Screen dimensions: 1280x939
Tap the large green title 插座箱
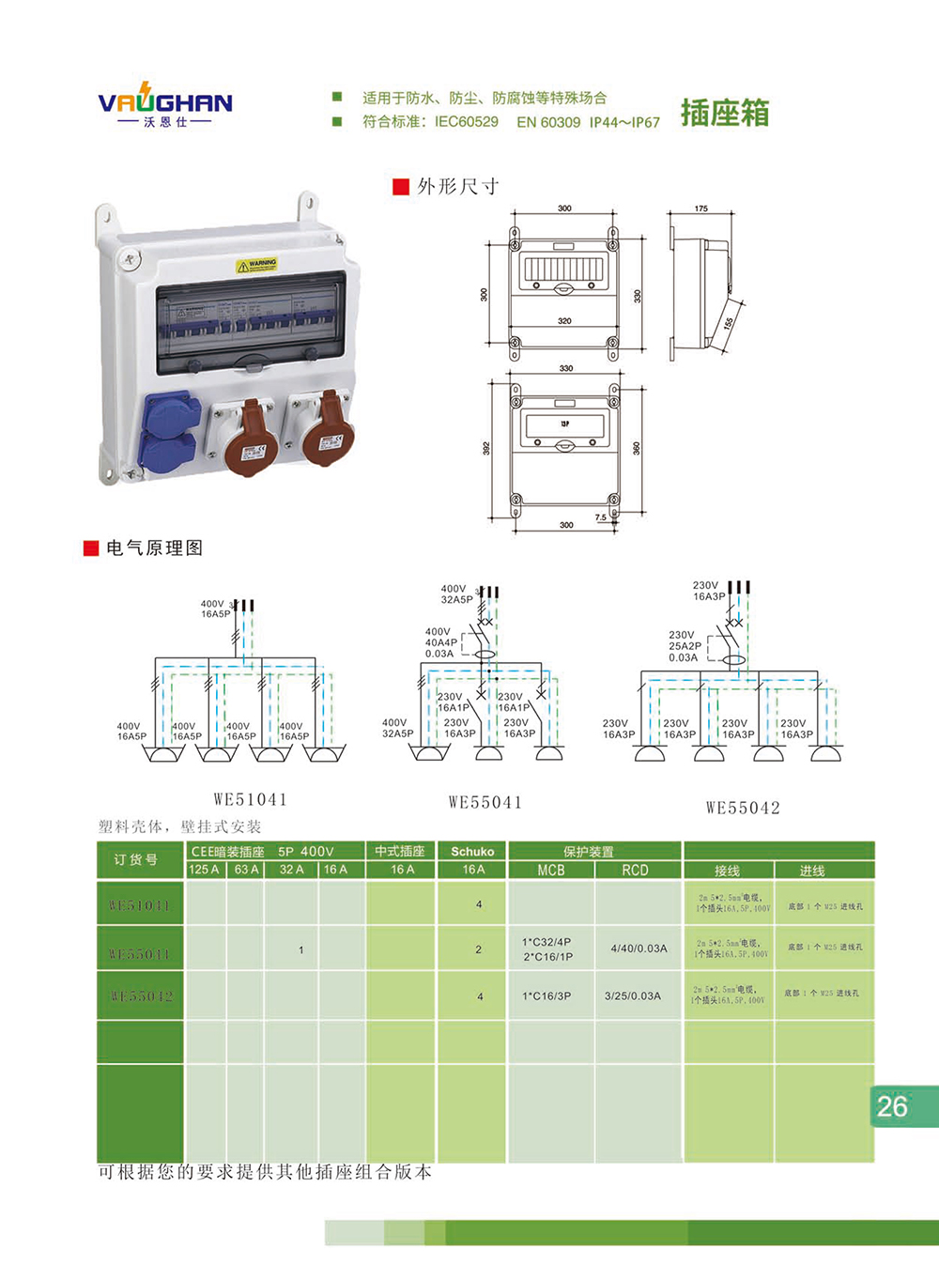tap(724, 113)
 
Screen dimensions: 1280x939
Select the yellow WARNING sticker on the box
tap(256, 265)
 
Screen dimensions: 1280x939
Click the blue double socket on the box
tap(170, 431)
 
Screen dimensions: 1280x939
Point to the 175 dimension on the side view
tap(701, 208)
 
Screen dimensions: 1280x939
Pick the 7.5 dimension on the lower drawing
tap(601, 517)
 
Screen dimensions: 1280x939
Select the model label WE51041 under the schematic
tap(250, 800)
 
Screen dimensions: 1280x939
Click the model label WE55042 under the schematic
tap(743, 808)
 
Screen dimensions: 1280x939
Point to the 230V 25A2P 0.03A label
tap(685, 646)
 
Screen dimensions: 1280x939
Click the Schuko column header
tap(472, 852)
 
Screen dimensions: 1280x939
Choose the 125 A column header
tap(204, 870)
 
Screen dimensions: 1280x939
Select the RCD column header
tap(635, 871)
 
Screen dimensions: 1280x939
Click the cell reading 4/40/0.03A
tap(639, 948)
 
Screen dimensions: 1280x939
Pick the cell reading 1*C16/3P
tap(546, 996)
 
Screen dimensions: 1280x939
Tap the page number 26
tap(892, 1106)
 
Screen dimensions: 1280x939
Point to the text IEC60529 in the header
tap(466, 122)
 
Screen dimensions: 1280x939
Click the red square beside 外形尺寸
tap(401, 187)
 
